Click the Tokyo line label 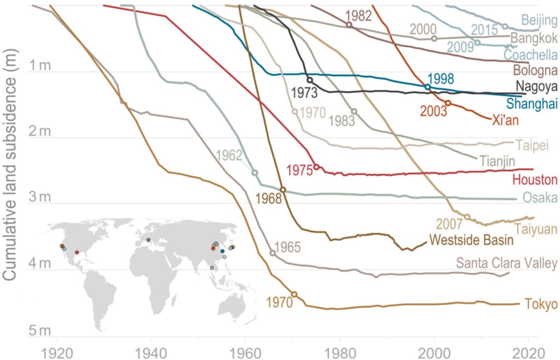(541, 304)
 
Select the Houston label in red (535, 180)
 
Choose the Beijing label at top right (539, 21)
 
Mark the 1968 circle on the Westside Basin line (283, 190)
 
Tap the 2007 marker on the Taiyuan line (467, 216)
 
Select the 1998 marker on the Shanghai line (427, 87)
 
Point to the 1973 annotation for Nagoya (304, 92)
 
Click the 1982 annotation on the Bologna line (358, 15)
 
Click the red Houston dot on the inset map (77, 252)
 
